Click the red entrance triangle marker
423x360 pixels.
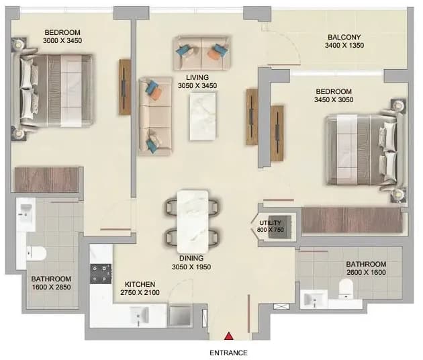pyautogui.click(x=229, y=336)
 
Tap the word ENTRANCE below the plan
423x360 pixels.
pyautogui.click(x=228, y=353)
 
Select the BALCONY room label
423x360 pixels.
pyautogui.click(x=344, y=37)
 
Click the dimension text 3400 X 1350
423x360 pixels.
pyautogui.click(x=344, y=46)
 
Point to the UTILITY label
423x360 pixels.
pyautogui.click(x=270, y=223)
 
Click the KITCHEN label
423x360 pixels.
pyautogui.click(x=140, y=284)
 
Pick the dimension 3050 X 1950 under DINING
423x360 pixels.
pyautogui.click(x=191, y=267)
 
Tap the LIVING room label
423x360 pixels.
pyautogui.click(x=197, y=77)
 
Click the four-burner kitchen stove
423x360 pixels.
pyautogui.click(x=101, y=273)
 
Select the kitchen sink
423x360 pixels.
pyautogui.click(x=139, y=315)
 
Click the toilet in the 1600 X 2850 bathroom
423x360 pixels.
pyautogui.click(x=36, y=253)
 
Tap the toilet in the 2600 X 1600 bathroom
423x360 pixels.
pyautogui.click(x=346, y=289)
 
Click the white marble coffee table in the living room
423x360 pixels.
pyautogui.click(x=203, y=116)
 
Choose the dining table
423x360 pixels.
pyautogui.click(x=193, y=222)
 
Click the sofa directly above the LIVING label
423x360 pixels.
pyautogui.click(x=202, y=53)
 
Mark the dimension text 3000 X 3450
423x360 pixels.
pyautogui.click(x=62, y=41)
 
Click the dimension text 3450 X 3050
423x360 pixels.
pyautogui.click(x=334, y=100)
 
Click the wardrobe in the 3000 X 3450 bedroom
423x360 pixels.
pyautogui.click(x=46, y=180)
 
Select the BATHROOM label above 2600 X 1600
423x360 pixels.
pyautogui.click(x=366, y=264)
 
